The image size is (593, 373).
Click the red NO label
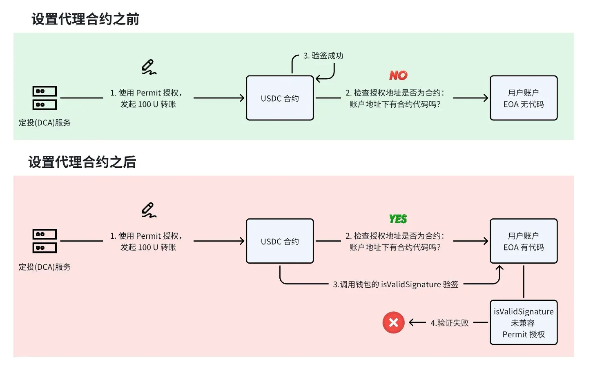coord(398,75)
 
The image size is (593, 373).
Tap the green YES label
coord(398,219)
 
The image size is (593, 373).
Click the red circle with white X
coord(393,323)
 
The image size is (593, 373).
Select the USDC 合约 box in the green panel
coord(280,98)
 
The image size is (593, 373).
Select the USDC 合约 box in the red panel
coord(280,241)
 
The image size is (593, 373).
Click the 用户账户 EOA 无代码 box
coord(524,98)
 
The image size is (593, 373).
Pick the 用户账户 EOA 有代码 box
coord(524,241)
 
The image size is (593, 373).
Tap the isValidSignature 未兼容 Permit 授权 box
coord(524,323)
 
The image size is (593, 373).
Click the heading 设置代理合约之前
coord(85,19)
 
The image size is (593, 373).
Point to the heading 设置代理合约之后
coord(82,162)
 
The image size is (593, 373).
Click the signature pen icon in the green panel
coord(149,67)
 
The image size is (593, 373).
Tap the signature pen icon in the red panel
coord(149,210)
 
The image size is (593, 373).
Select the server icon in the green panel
coord(45,98)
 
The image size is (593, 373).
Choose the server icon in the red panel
coord(45,241)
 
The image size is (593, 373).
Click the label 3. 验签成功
coord(323,56)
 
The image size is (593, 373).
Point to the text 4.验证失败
coord(449,323)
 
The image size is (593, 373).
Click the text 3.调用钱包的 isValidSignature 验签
coord(395,284)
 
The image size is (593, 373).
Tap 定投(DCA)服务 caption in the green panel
coord(45,123)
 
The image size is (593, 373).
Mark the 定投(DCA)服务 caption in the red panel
coord(45,267)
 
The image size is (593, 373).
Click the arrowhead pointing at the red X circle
coord(411,323)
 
